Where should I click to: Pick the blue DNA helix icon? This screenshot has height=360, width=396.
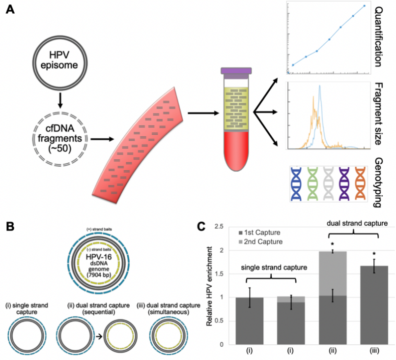[x=297, y=182]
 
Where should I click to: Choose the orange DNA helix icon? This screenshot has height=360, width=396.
[x=360, y=182]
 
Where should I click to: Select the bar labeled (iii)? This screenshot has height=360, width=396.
[x=374, y=305]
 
